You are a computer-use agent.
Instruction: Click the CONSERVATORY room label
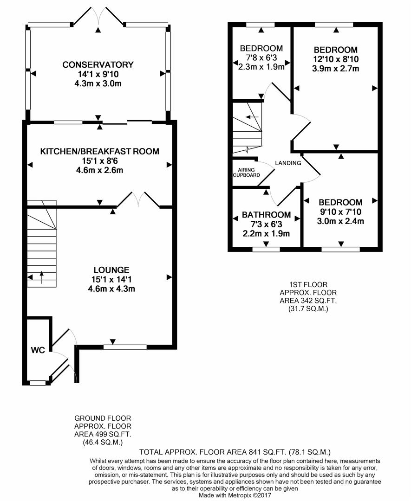pyautogui.click(x=98, y=64)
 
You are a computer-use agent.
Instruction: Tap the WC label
pyautogui.click(x=38, y=350)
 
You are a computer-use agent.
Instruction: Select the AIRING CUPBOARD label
pyautogui.click(x=246, y=173)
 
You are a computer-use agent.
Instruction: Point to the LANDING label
pyautogui.click(x=288, y=163)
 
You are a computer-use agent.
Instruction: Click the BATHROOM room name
pyautogui.click(x=266, y=215)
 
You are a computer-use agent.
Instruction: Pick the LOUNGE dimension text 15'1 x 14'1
pyautogui.click(x=111, y=280)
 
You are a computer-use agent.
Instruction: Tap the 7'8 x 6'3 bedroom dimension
pyautogui.click(x=261, y=58)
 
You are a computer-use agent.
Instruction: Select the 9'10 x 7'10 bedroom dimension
pyautogui.click(x=340, y=212)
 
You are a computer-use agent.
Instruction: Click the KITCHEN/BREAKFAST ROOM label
pyautogui.click(x=99, y=151)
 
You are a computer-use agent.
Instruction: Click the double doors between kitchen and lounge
pyautogui.click(x=138, y=199)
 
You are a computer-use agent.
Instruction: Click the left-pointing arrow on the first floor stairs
pyautogui.click(x=252, y=116)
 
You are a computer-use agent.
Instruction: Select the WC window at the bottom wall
pyautogui.click(x=38, y=383)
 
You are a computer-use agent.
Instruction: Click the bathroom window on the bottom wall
pyautogui.click(x=266, y=249)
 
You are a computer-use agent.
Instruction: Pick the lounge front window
pyautogui.click(x=125, y=347)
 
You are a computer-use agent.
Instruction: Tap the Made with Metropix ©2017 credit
pyautogui.click(x=235, y=495)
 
